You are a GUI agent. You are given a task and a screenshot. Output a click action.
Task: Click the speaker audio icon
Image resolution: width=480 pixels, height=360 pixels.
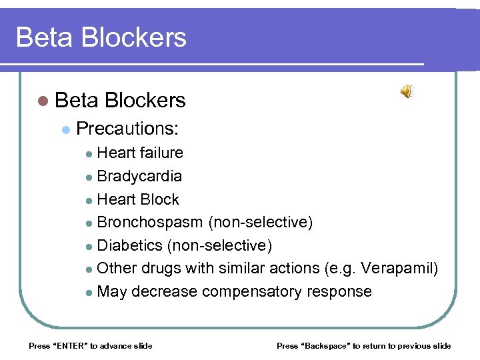pyautogui.click(x=406, y=92)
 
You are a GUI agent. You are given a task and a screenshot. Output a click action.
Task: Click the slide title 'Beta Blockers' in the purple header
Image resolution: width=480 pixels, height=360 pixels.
pyautogui.click(x=101, y=37)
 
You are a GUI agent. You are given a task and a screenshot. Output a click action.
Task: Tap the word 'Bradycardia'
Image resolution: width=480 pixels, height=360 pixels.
pyautogui.click(x=139, y=176)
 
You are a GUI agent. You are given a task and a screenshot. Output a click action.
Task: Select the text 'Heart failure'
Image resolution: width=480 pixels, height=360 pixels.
pyautogui.click(x=140, y=153)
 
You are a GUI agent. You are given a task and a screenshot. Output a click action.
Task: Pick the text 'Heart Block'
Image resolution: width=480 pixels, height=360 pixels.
pyautogui.click(x=138, y=199)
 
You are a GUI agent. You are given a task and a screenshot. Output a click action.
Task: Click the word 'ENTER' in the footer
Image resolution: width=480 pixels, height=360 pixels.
pyautogui.click(x=69, y=345)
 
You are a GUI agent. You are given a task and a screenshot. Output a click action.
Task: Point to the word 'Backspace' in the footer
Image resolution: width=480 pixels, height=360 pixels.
pyautogui.click(x=328, y=345)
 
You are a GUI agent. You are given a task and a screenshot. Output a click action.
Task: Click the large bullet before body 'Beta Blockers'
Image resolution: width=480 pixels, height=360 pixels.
pyautogui.click(x=43, y=101)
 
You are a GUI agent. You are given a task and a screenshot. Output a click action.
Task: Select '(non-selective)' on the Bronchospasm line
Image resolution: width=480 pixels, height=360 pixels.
pyautogui.click(x=261, y=222)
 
